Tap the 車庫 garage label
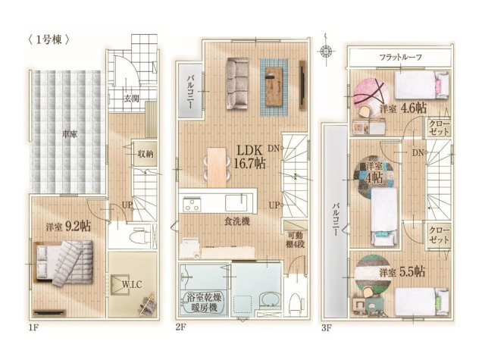pos(70,133)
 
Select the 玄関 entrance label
pos(132,99)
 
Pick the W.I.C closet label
pos(132,286)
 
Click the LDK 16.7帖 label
pos(249,155)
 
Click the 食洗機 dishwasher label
pos(241,222)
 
